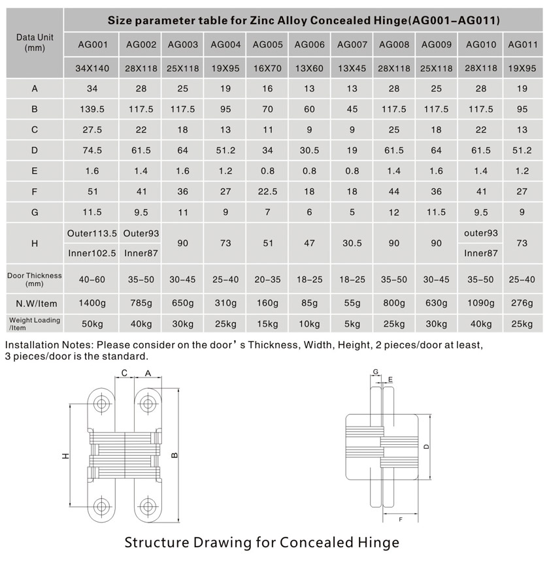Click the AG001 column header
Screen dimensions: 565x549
[x=92, y=45]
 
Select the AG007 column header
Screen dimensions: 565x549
[x=352, y=45]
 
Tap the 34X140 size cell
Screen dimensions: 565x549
[x=92, y=68]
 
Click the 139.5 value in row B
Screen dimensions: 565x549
[x=92, y=109]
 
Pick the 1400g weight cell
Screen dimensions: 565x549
[x=92, y=303]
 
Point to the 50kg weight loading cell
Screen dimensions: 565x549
[x=92, y=324]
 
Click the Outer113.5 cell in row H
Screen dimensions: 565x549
[x=92, y=233]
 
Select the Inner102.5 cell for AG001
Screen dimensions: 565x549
[x=92, y=253]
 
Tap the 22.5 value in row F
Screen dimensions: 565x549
[x=267, y=192]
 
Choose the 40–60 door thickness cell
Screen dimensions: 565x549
[x=92, y=280]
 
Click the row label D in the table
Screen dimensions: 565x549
[x=35, y=151]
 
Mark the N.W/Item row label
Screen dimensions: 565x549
[x=35, y=303]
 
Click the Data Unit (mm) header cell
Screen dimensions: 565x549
[x=35, y=43]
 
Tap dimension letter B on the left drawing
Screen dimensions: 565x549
[x=174, y=456]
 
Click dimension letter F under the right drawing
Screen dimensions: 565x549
[x=399, y=519]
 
